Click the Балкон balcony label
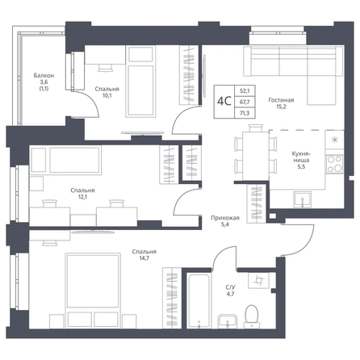(44, 76)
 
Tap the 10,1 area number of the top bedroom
(107, 95)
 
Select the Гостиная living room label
(281, 100)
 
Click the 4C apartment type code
(224, 102)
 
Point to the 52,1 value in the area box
(245, 91)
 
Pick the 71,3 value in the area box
(245, 113)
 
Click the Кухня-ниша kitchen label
(301, 157)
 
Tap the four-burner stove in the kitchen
(334, 164)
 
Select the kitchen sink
(303, 199)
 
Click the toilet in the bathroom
(252, 316)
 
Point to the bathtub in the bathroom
(198, 300)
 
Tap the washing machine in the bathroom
(258, 280)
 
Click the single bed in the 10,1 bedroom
(140, 82)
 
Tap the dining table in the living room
(256, 156)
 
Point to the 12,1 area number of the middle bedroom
(82, 197)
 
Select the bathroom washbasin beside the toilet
(228, 321)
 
